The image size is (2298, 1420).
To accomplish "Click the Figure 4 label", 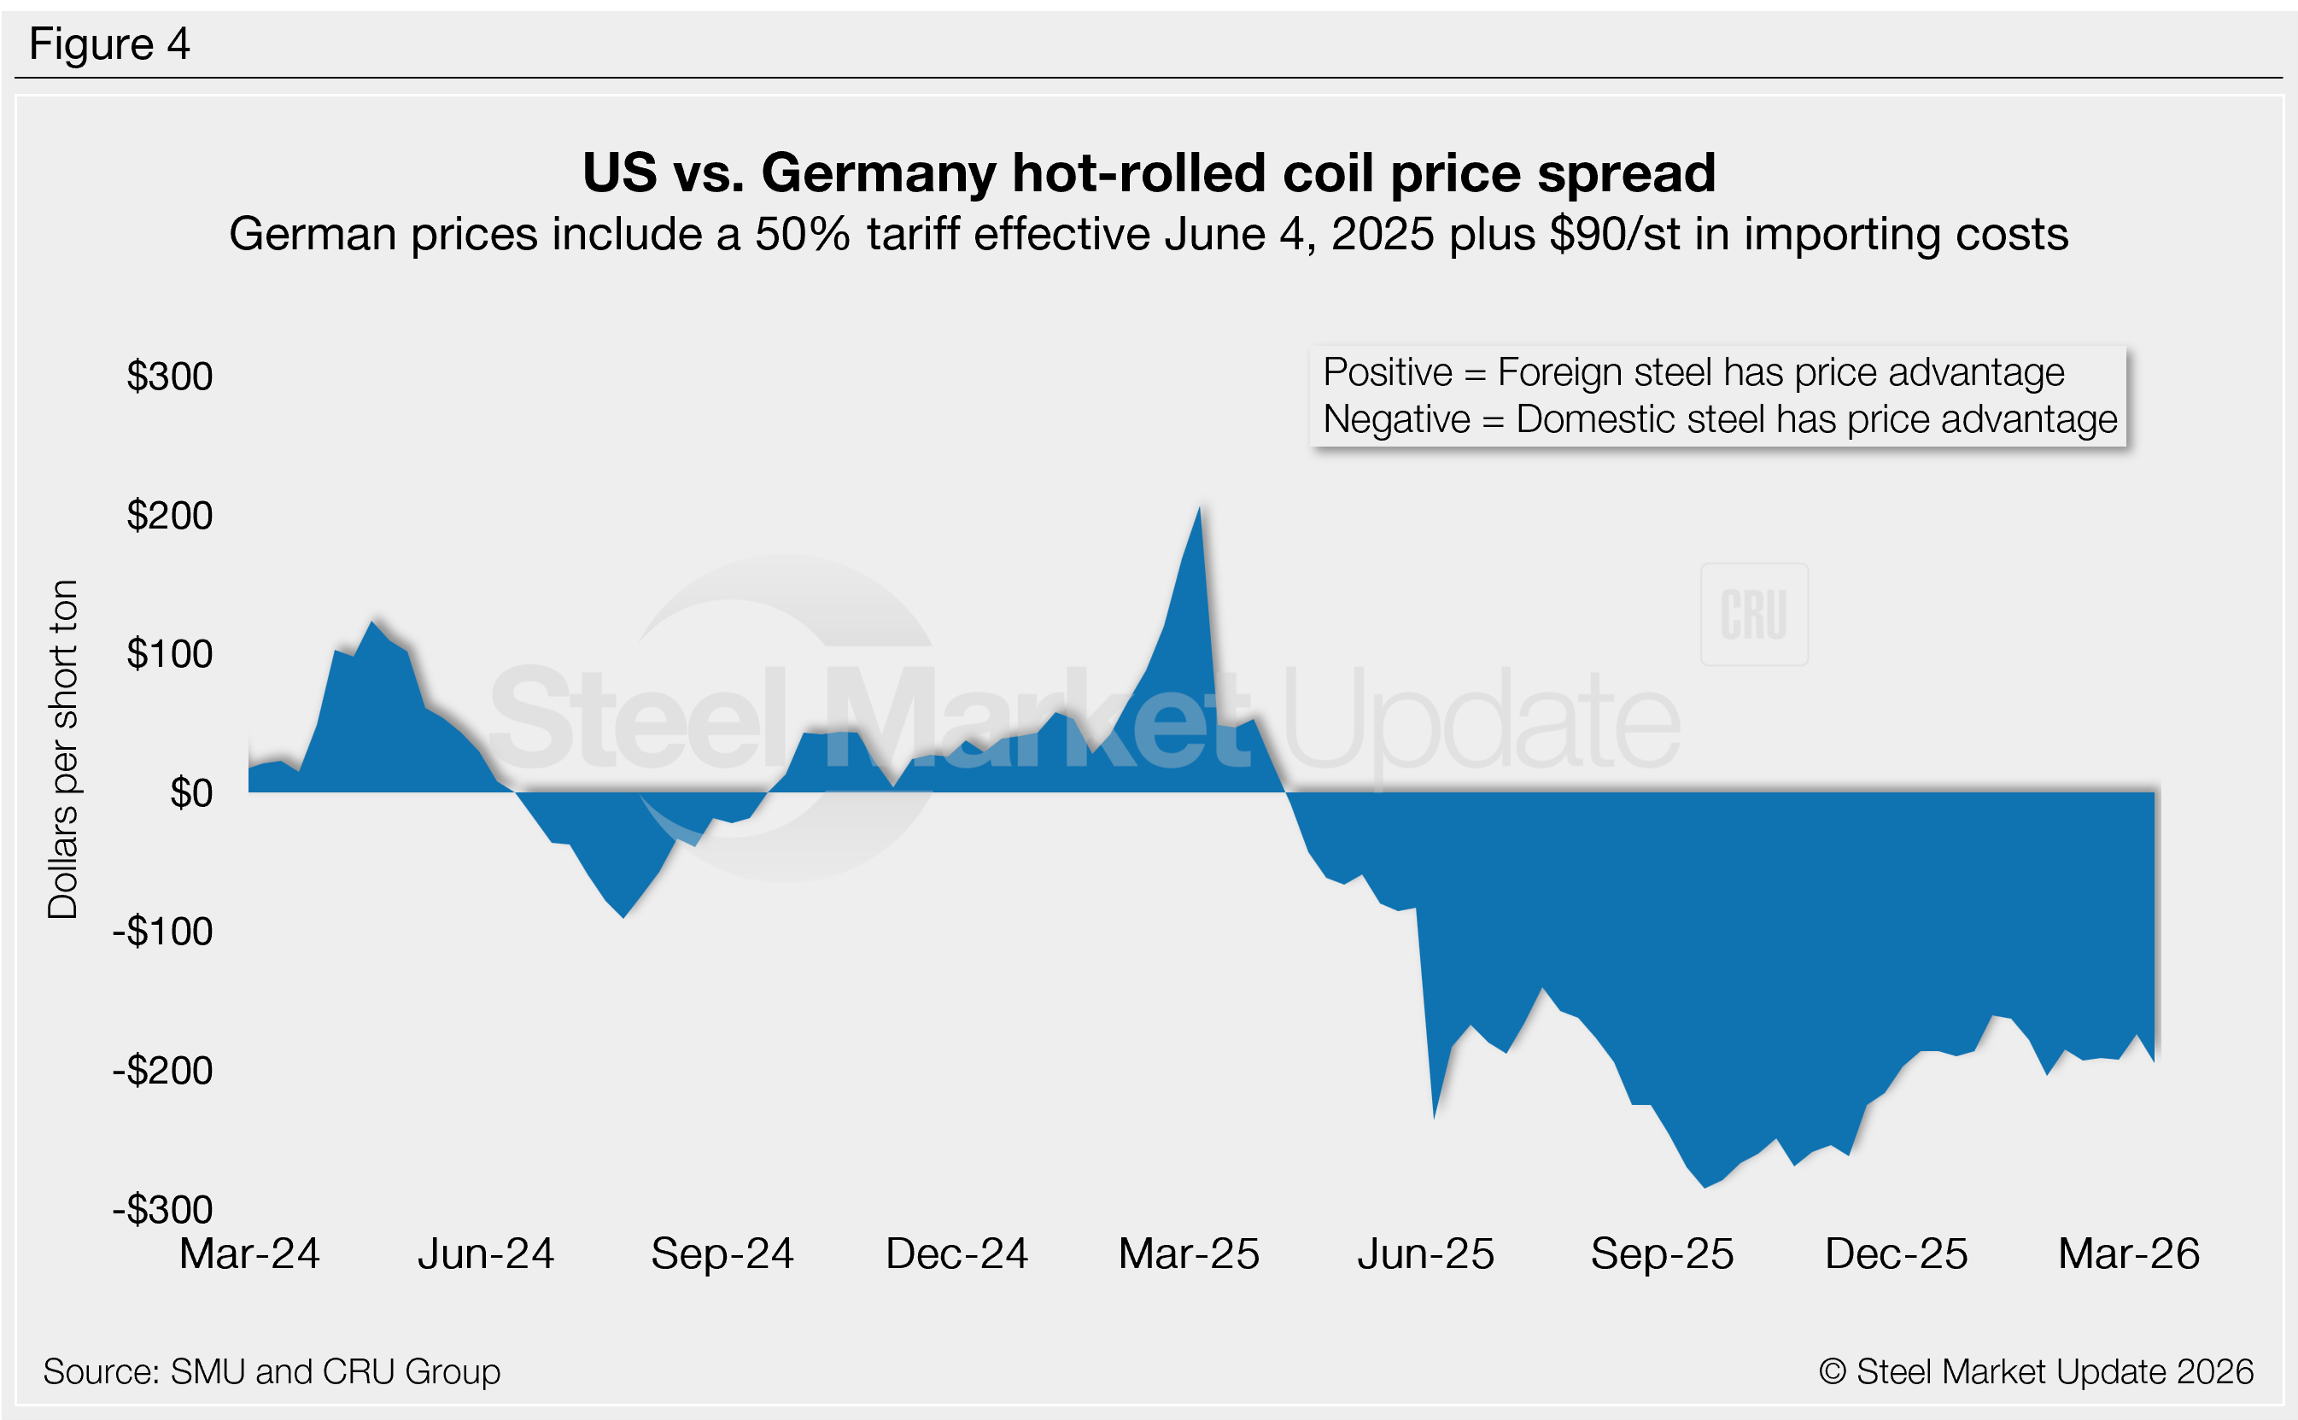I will coord(109,44).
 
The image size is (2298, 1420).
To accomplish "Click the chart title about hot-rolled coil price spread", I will coord(1149,172).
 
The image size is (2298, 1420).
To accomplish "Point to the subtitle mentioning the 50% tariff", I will coord(1149,234).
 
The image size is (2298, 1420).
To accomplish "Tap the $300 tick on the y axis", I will coord(170,376).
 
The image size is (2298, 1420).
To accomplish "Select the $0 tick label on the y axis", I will coord(190,792).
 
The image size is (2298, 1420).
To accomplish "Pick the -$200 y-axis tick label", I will coord(162,1070).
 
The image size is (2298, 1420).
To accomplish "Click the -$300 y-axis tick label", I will coord(162,1209).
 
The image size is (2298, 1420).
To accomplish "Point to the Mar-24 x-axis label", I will coord(250,1253).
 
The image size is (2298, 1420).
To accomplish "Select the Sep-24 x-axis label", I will coord(722,1253).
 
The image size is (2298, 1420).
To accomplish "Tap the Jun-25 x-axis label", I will coord(1425,1253).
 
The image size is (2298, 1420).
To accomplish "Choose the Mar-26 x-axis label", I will coord(2129,1253).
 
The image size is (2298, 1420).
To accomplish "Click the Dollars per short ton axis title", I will coord(63,749).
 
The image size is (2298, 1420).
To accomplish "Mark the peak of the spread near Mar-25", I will coord(1199,509).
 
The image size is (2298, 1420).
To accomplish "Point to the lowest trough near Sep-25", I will coord(1704,1187).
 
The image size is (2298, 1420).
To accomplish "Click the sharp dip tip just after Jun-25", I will coord(1434,1117).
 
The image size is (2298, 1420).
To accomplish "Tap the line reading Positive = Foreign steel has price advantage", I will coord(1693,373).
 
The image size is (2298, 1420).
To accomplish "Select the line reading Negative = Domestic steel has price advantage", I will coord(1720,419).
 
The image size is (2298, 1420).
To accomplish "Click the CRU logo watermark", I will coord(1753,615).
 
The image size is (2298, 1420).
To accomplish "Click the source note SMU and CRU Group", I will coord(272,1371).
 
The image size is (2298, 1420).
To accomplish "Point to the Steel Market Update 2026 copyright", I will coord(2035,1371).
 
